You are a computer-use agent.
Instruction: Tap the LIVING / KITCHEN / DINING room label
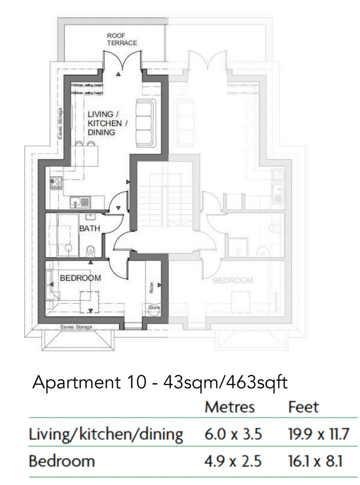point(107,123)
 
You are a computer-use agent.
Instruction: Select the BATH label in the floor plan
point(89,229)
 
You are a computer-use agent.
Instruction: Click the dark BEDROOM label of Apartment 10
point(80,278)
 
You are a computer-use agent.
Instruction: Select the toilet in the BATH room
point(90,251)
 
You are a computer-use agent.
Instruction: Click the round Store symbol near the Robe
point(154,308)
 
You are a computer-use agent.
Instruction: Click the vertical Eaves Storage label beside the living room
point(61,124)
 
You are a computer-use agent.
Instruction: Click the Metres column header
point(229,407)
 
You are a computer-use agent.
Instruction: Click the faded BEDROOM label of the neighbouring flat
point(233,280)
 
